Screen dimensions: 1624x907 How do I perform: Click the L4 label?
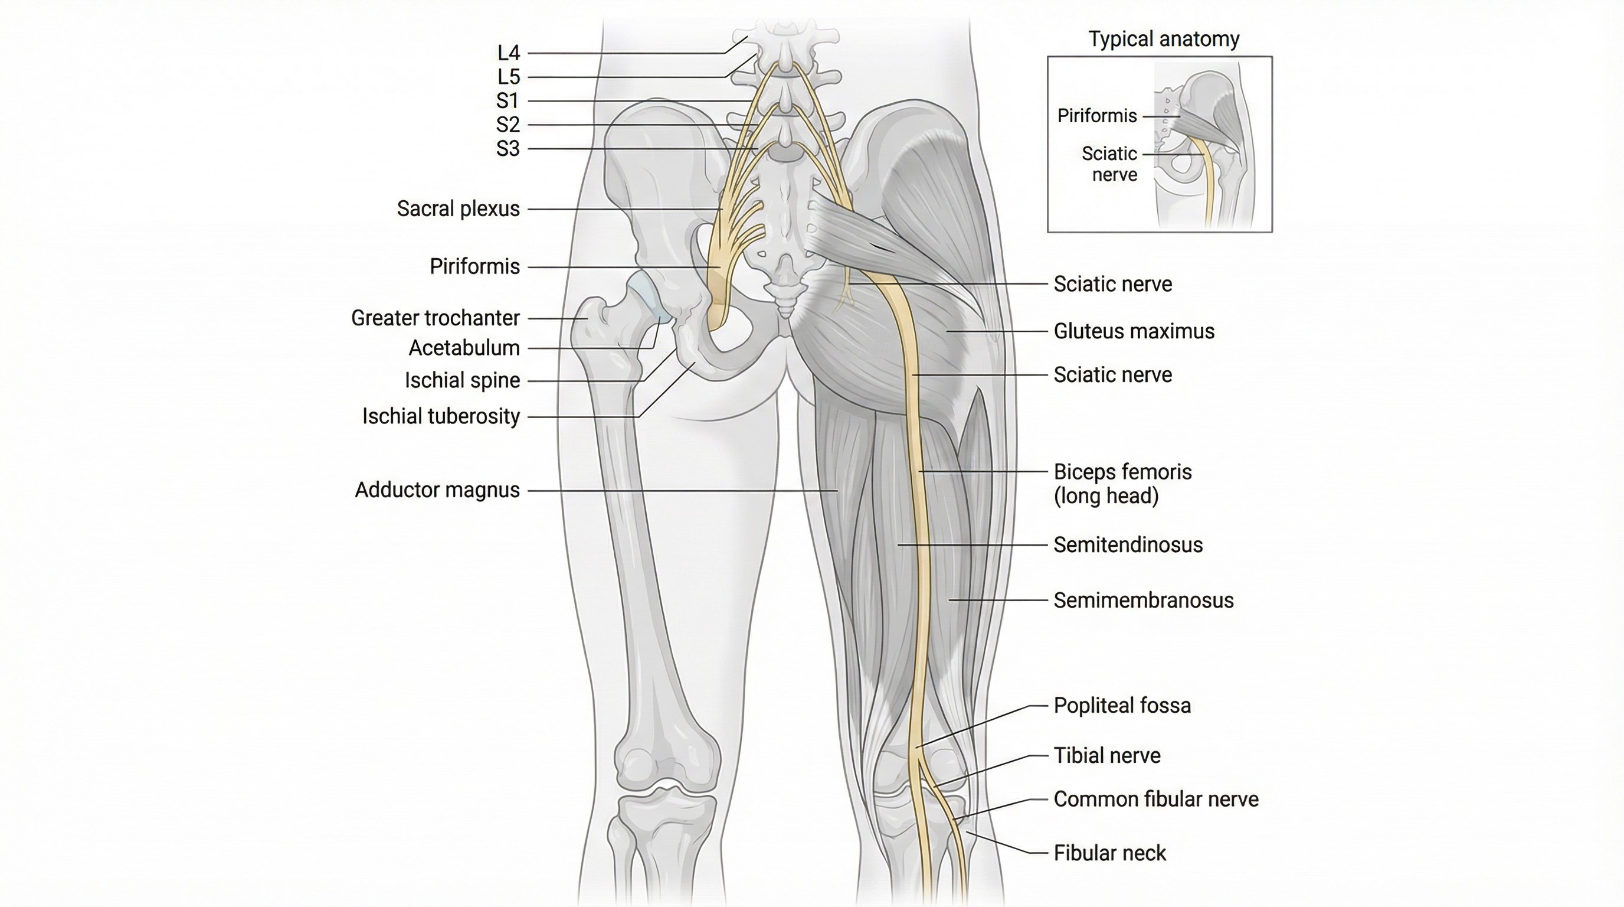pyautogui.click(x=508, y=53)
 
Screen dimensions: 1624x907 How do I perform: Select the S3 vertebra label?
pyautogui.click(x=508, y=149)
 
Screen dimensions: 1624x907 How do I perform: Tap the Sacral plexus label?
pyautogui.click(x=459, y=209)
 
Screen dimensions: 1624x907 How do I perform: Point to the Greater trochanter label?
pyautogui.click(x=435, y=318)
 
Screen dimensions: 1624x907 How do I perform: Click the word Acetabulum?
pyautogui.click(x=464, y=348)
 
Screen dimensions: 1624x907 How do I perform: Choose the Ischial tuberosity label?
pyautogui.click(x=441, y=416)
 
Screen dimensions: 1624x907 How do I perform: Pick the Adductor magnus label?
pyautogui.click(x=437, y=490)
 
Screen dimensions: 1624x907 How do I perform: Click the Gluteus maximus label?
pyautogui.click(x=1134, y=331)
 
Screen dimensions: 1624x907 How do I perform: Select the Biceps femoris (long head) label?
pyautogui.click(x=1122, y=483)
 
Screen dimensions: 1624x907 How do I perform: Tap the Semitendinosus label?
pyautogui.click(x=1128, y=544)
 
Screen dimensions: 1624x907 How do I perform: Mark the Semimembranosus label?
pyautogui.click(x=1143, y=600)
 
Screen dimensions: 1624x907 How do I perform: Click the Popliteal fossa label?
pyautogui.click(x=1122, y=705)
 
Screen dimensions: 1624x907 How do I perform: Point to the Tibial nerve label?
pyautogui.click(x=1106, y=755)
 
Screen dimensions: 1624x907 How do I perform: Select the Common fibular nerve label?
pyautogui.click(x=1155, y=799)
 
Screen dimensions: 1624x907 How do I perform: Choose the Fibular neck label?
pyautogui.click(x=1109, y=853)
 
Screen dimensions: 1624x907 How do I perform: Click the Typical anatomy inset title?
pyautogui.click(x=1164, y=39)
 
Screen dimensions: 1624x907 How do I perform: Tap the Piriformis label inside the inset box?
pyautogui.click(x=1097, y=116)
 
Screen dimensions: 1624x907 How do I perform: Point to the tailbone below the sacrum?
pyautogui.click(x=785, y=306)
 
